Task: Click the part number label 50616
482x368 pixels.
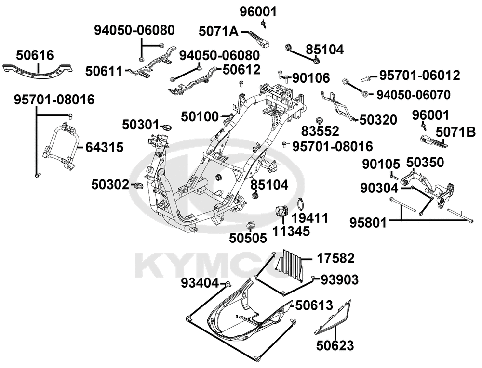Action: tap(35, 54)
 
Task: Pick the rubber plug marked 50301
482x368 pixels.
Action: tap(167, 127)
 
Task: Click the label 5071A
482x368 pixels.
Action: tap(218, 32)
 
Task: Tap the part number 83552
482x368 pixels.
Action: tap(320, 131)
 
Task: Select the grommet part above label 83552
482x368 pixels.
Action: tap(319, 119)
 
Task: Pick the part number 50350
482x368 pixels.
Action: tap(426, 162)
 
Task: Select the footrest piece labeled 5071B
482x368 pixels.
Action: tap(433, 140)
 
